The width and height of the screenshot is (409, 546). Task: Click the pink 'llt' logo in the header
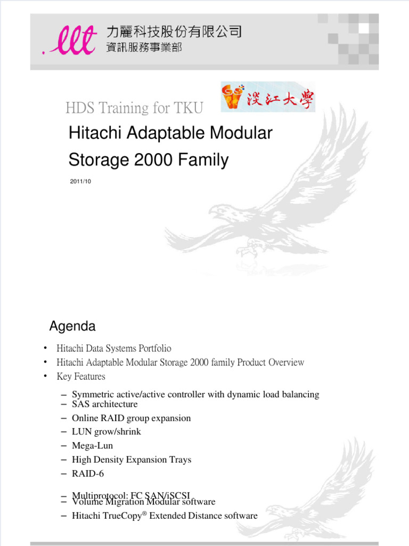(69, 41)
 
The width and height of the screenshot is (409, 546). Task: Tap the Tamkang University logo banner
(268, 97)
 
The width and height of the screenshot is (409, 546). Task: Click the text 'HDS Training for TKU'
(134, 108)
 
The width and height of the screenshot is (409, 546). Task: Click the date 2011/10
(80, 182)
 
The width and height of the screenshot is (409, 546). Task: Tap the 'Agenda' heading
(72, 326)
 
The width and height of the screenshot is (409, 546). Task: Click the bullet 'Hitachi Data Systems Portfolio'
(114, 348)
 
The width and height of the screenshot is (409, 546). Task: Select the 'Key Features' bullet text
(81, 376)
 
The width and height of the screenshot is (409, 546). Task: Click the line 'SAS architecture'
(104, 404)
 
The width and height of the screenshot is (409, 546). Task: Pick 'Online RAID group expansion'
(131, 418)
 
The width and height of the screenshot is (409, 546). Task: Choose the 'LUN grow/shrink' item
(106, 432)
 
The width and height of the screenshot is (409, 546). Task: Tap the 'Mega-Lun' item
(92, 446)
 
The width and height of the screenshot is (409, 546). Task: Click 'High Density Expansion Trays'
(131, 460)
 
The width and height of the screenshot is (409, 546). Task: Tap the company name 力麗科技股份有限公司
(174, 32)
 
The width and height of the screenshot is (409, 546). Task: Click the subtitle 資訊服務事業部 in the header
(144, 48)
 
